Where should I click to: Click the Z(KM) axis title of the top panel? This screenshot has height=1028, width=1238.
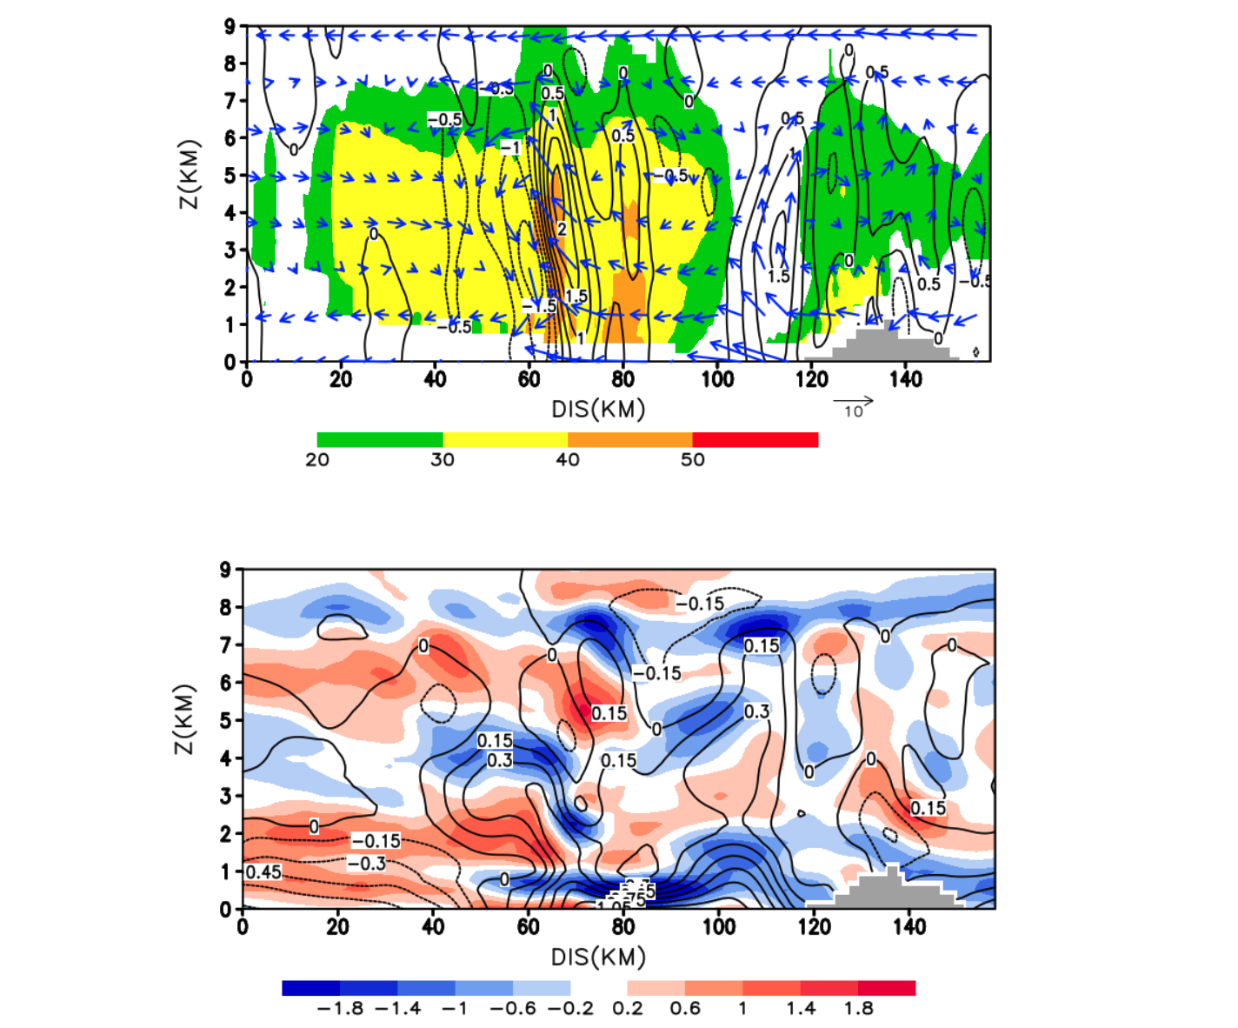coord(190,174)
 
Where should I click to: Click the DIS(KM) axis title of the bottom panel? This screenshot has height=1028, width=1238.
coord(598,958)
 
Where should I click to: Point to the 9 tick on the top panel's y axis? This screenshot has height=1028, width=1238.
coord(230,26)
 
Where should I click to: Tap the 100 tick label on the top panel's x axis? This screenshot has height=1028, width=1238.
coord(717,379)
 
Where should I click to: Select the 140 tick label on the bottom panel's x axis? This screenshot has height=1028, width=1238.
coord(909,927)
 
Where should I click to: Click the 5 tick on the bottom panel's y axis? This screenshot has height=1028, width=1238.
coord(225,721)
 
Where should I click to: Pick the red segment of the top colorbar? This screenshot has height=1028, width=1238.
coord(755,439)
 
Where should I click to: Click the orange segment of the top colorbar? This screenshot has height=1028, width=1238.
coord(629,439)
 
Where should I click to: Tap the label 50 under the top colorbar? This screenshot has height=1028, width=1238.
coord(692,459)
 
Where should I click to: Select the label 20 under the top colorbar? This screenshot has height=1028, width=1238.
coord(317,459)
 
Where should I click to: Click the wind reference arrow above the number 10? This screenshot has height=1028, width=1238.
coord(853,401)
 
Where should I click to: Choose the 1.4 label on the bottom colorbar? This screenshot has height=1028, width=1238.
coord(801,1009)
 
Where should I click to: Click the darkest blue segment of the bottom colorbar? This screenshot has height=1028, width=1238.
coord(310,988)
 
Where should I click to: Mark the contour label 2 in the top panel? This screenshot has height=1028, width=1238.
coord(562,229)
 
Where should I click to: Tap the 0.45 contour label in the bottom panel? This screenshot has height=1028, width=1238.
coord(263,871)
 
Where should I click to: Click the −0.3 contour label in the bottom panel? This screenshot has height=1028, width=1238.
coord(366,863)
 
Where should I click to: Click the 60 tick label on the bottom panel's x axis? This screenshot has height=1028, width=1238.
coord(528,927)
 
